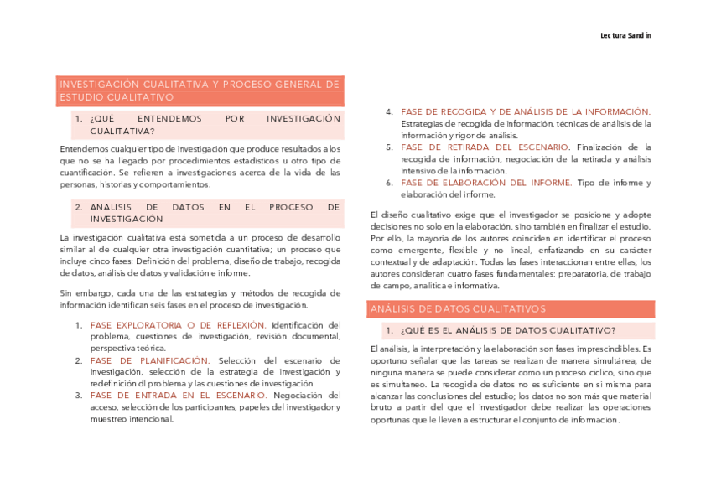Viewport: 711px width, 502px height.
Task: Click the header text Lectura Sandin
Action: coord(625,35)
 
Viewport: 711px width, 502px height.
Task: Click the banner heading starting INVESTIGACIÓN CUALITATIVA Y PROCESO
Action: coord(200,91)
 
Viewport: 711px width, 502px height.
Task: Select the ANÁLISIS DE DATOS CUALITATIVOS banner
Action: coord(458,309)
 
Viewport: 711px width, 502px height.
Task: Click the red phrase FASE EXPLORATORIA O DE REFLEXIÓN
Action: coord(179,325)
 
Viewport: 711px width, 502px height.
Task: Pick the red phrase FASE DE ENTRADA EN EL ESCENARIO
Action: coord(179,396)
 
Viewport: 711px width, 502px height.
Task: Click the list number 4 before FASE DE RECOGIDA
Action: coord(390,112)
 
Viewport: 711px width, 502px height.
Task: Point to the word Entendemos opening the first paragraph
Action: coord(84,149)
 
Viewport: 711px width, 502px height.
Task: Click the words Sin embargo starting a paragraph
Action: coord(83,293)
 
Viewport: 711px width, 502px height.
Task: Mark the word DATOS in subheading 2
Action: coord(188,207)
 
